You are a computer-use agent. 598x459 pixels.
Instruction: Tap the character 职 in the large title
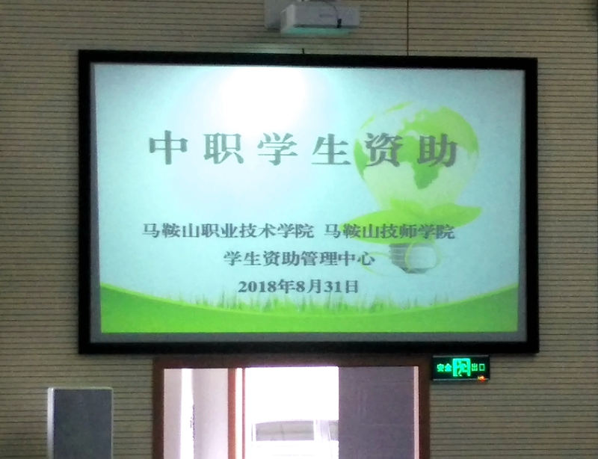224,148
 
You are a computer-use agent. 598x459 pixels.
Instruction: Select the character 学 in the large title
277,149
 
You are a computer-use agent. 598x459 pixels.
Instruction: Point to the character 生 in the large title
331,150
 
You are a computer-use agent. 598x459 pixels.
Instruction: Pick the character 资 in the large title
384,150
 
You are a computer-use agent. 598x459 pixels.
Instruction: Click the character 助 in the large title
438,150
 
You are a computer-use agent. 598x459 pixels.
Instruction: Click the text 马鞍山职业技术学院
228,231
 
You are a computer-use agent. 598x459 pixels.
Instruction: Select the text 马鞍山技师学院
389,231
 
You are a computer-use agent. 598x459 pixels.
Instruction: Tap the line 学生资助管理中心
299,259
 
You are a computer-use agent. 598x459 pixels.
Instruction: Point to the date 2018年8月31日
298,286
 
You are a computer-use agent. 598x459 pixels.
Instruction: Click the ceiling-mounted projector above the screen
312,17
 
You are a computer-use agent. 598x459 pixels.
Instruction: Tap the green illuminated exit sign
460,369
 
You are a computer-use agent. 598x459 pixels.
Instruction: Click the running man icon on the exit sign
460,368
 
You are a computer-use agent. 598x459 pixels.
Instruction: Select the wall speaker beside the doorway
81,423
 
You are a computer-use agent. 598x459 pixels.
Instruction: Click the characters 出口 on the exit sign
478,368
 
